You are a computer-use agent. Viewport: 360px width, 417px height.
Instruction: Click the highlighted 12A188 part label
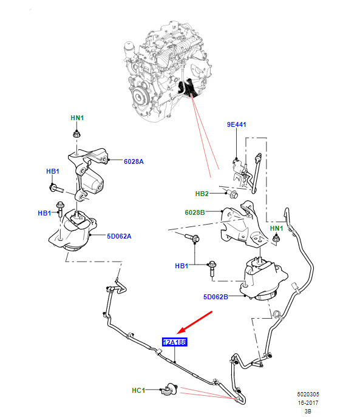175,342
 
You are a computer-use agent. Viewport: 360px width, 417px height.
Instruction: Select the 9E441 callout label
237,124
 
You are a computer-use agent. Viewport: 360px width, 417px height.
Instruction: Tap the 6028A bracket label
134,161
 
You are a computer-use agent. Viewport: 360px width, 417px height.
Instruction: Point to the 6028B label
195,212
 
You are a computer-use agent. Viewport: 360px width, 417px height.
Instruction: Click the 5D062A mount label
119,236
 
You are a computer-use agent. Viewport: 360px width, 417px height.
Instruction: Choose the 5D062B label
216,297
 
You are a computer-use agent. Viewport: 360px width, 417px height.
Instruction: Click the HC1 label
138,390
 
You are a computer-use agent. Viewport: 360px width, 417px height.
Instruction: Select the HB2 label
202,194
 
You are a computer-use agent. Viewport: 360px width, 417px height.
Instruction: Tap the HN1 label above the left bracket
77,118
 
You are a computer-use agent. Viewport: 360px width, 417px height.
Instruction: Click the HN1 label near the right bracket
276,228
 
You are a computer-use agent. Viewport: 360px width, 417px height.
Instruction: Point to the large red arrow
194,322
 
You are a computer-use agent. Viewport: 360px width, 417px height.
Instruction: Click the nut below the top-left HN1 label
76,134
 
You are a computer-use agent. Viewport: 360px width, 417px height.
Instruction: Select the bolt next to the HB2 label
232,194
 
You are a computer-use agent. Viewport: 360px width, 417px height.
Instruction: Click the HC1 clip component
170,390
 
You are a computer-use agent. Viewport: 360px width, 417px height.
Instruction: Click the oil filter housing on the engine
129,49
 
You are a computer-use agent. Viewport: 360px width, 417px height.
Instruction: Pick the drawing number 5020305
308,394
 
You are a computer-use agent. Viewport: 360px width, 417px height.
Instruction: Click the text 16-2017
308,402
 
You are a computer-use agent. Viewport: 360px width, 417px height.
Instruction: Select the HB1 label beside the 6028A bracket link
53,171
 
